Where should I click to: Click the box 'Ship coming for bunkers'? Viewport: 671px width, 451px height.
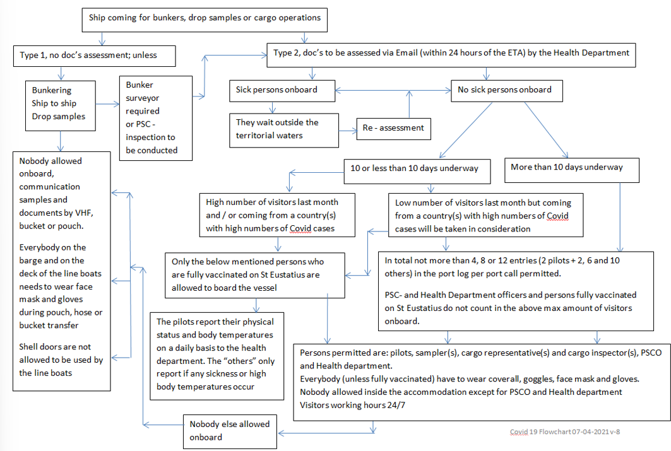pos(205,18)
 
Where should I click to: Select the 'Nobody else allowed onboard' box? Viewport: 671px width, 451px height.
pos(230,431)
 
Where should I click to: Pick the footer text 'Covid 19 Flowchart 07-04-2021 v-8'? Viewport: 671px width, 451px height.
pos(569,431)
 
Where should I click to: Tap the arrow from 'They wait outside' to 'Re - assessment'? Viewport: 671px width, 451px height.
pos(348,131)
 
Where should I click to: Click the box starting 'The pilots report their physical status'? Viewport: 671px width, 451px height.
pos(217,354)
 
